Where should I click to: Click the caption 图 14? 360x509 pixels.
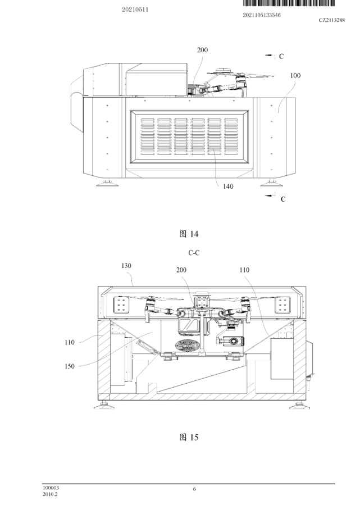click(x=189, y=234)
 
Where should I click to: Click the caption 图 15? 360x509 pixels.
click(x=189, y=437)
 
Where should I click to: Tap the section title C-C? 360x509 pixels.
click(x=194, y=253)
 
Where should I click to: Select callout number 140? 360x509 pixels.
click(x=228, y=187)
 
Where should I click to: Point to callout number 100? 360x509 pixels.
click(x=295, y=76)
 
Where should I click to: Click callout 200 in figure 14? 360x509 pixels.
click(x=202, y=50)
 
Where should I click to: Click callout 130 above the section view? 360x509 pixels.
click(x=126, y=266)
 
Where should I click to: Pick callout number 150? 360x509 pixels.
click(x=70, y=366)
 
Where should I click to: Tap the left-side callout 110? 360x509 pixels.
click(x=70, y=342)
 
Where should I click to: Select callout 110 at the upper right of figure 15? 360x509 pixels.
click(x=244, y=270)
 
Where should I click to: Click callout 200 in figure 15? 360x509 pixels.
click(x=181, y=270)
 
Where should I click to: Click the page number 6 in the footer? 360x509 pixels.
click(x=194, y=489)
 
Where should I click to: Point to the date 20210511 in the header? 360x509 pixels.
click(x=135, y=10)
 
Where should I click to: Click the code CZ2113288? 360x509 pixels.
click(x=332, y=20)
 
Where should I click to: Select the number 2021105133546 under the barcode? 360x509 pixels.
click(x=262, y=15)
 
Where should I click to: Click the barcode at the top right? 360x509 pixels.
click(x=289, y=3)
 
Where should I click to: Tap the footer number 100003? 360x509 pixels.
click(x=51, y=488)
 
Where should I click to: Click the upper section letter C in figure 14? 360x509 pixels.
click(x=281, y=57)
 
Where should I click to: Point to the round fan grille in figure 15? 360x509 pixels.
click(x=185, y=345)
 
